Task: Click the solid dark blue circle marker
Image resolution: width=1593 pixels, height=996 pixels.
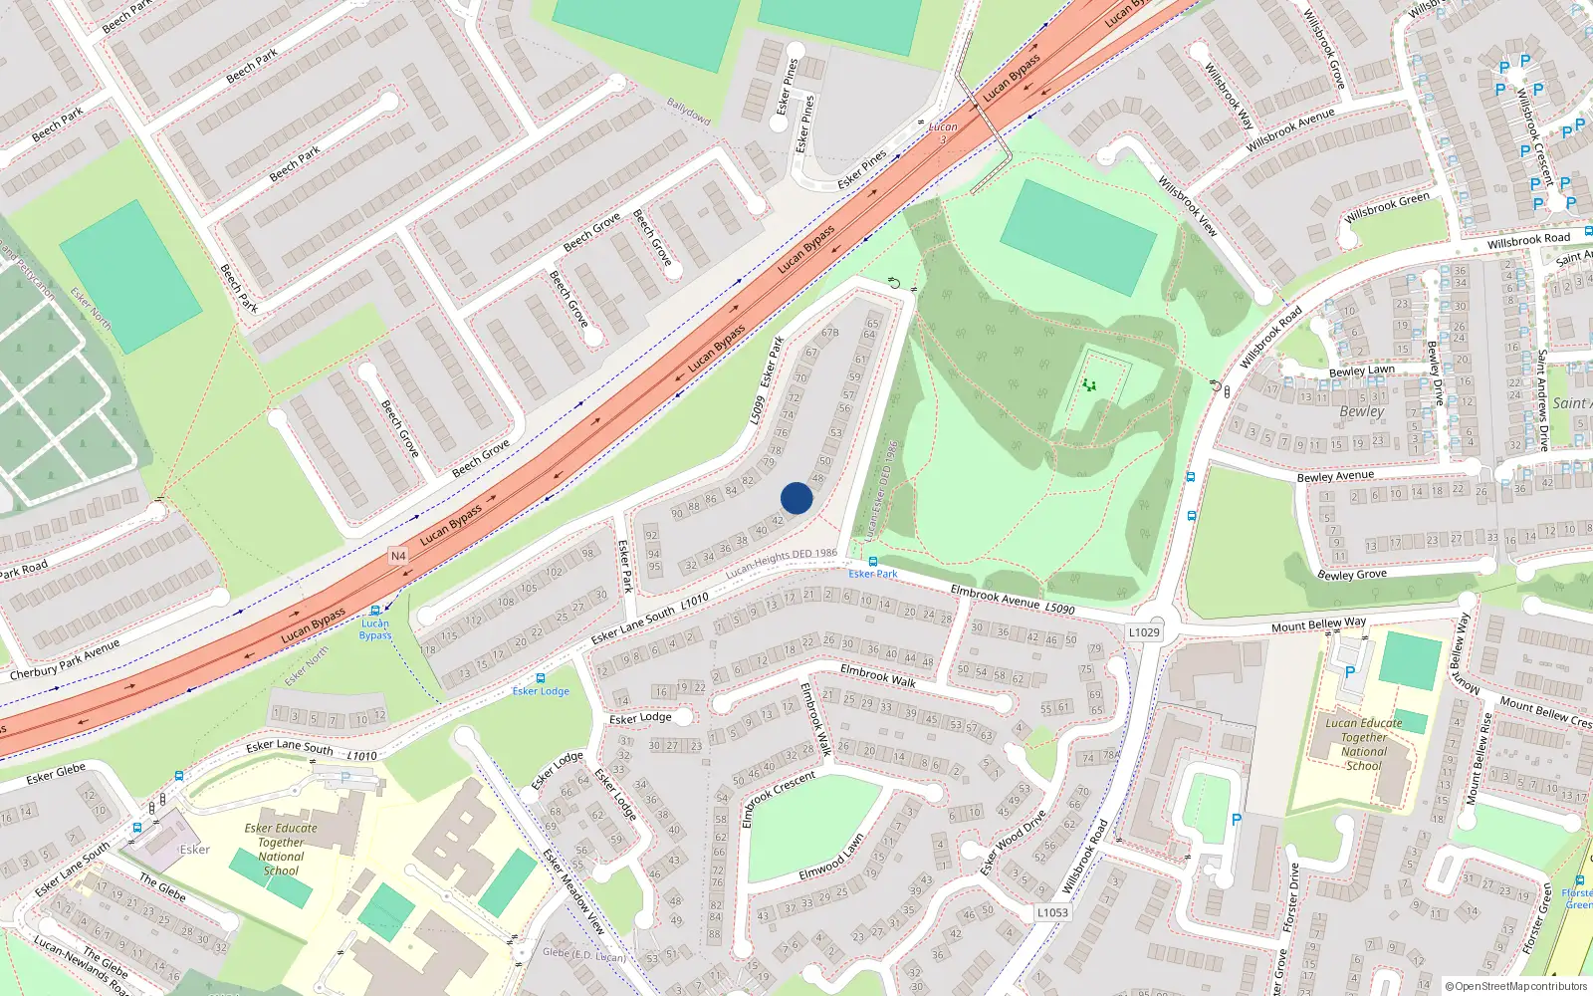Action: [796, 498]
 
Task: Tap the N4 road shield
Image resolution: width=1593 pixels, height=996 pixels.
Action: [398, 556]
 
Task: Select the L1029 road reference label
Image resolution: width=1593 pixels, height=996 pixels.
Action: [1144, 632]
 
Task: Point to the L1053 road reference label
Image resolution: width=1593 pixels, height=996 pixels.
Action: [1052, 912]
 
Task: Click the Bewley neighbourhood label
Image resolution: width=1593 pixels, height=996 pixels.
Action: [1361, 411]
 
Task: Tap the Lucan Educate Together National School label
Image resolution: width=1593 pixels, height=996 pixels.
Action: [1363, 744]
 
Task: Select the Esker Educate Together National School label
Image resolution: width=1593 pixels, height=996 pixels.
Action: [281, 849]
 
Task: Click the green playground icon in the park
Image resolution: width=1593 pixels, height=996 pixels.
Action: [1089, 383]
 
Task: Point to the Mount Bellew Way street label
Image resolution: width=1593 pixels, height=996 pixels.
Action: [1318, 624]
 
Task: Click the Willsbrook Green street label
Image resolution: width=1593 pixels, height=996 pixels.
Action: [1386, 208]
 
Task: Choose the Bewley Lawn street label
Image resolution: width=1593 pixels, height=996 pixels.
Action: [1361, 372]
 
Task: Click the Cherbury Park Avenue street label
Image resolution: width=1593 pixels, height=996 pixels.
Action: [65, 659]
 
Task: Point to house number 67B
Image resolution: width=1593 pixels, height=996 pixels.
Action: [829, 333]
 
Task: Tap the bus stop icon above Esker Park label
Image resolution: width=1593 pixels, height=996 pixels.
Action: [873, 562]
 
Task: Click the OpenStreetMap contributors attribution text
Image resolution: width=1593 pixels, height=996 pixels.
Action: [1516, 986]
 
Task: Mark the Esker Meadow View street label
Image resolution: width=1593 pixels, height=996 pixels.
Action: [573, 891]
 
